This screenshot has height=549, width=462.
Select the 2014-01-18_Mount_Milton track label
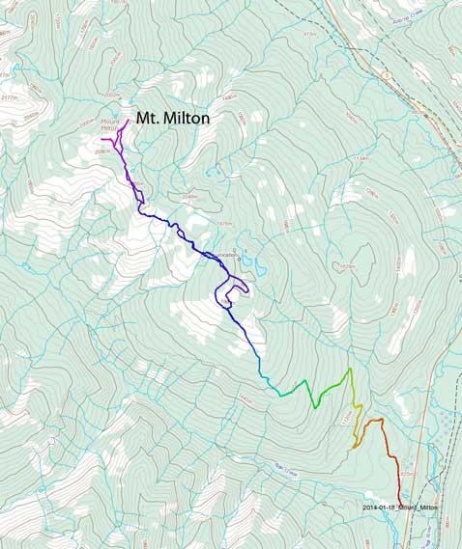click(401, 508)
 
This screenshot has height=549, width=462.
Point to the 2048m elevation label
click(189, 197)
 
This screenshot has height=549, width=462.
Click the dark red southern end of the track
click(400, 499)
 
